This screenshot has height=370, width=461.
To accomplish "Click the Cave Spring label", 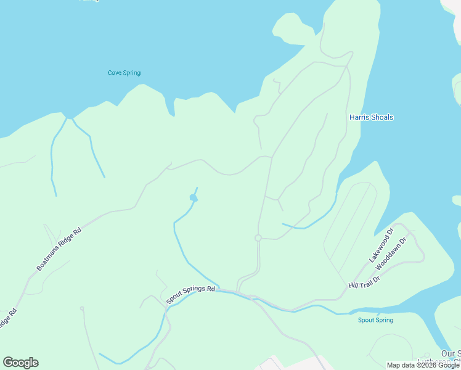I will (x=124, y=73).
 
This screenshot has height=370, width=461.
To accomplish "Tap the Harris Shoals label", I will (x=371, y=117).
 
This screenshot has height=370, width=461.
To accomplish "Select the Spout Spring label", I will (x=375, y=320).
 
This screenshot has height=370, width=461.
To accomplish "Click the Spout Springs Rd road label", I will (x=191, y=295).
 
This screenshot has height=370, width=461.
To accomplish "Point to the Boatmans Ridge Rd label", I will (x=59, y=250).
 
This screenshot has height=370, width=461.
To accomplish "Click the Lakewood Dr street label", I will (x=381, y=246).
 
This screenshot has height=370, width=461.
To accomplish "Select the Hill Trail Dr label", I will (x=364, y=282).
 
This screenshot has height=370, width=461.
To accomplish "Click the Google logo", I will (x=20, y=363).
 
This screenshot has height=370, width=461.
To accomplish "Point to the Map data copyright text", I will (x=423, y=365).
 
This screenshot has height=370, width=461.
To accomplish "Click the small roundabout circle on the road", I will (x=258, y=238).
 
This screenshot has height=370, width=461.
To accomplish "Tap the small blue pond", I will (x=194, y=197).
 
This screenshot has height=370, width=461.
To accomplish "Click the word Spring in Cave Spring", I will (x=132, y=73).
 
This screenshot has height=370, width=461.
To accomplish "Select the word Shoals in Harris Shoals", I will (x=382, y=117).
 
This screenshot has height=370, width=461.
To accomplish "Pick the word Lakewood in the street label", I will (x=379, y=249).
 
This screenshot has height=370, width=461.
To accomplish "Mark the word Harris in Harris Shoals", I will (x=359, y=117).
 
